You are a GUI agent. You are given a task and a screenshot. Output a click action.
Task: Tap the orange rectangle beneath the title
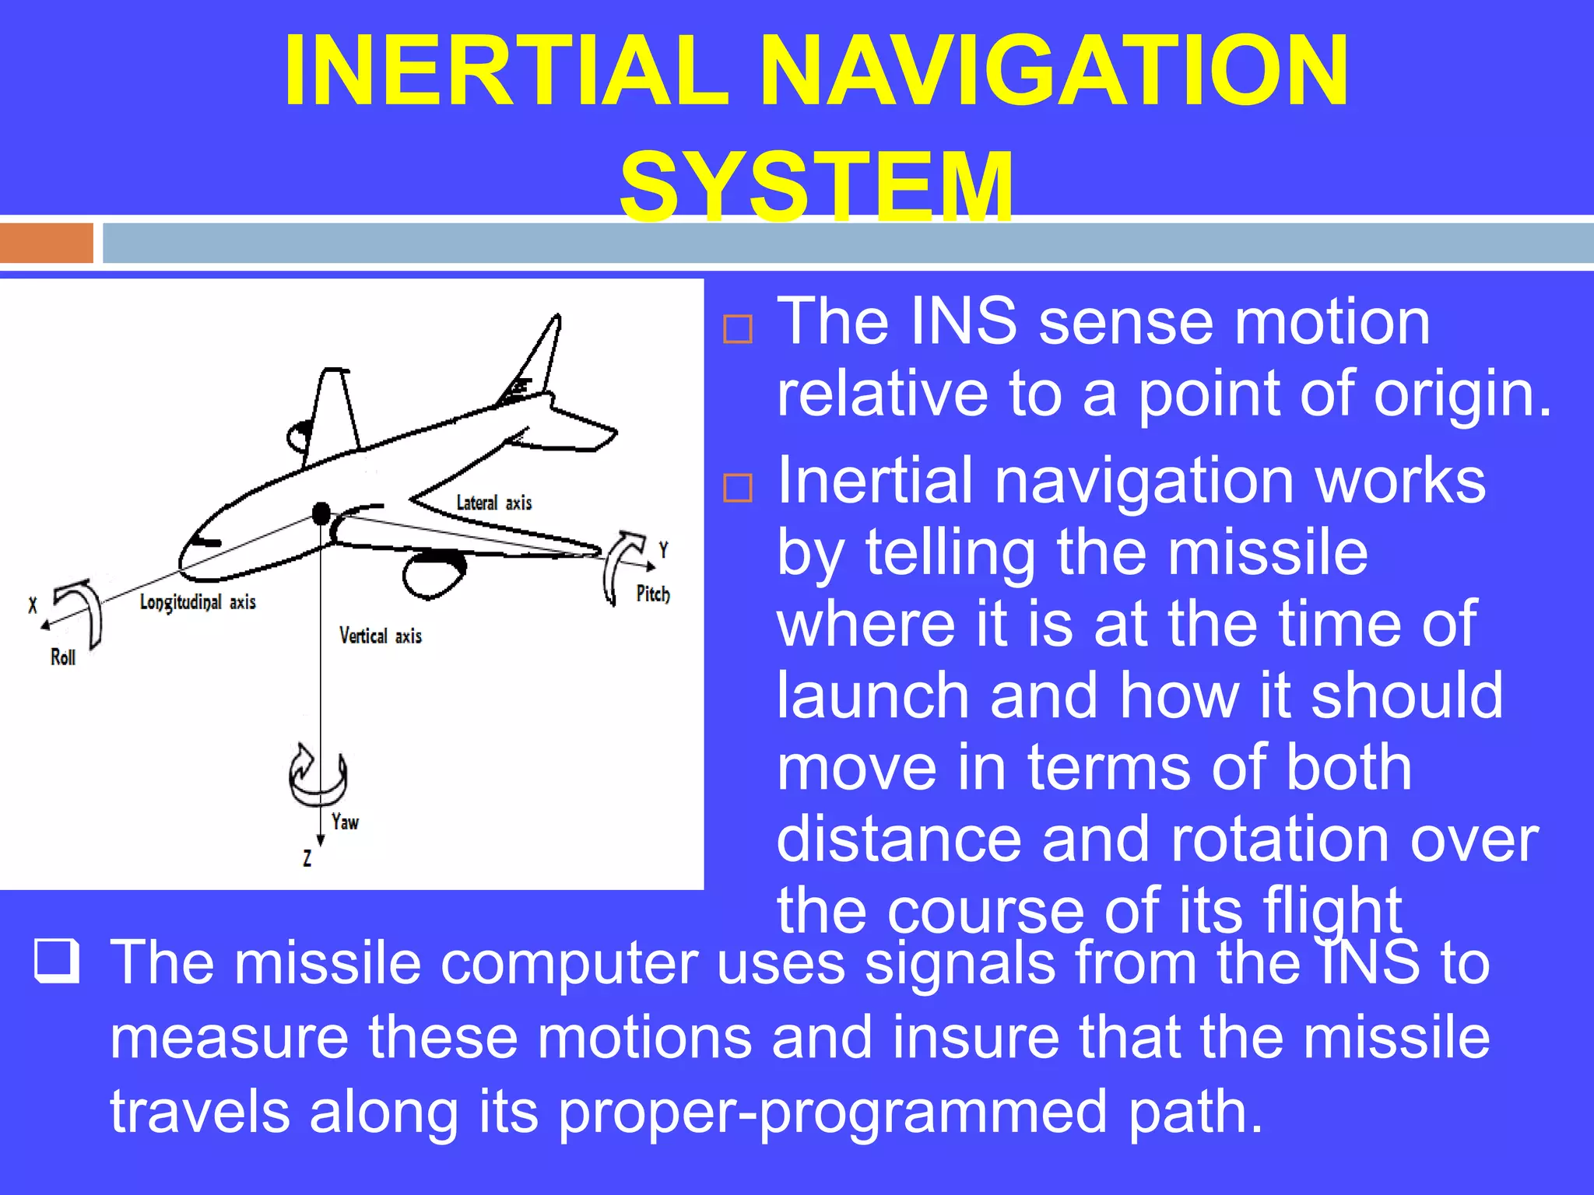click(47, 243)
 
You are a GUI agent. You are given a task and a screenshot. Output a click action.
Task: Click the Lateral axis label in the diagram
click(493, 503)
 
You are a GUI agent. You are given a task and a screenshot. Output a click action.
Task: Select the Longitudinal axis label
click(198, 602)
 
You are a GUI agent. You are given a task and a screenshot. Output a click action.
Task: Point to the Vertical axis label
click(380, 636)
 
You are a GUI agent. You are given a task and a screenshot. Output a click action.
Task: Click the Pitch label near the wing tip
click(652, 594)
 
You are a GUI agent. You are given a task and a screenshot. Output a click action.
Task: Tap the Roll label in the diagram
click(63, 657)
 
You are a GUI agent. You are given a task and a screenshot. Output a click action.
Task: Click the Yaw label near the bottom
click(345, 822)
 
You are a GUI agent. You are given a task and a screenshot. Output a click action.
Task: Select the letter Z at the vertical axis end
click(307, 858)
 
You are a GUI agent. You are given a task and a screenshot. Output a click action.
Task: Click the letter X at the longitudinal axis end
click(33, 605)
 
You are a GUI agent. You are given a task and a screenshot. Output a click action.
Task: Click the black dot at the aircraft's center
click(321, 513)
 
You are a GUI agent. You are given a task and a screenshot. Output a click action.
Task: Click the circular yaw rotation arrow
click(317, 778)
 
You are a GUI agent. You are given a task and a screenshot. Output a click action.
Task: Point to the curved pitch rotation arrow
click(622, 564)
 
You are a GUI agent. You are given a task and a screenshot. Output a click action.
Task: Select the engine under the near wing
click(433, 573)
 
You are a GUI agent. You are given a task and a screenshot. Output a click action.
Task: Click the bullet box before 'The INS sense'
click(737, 329)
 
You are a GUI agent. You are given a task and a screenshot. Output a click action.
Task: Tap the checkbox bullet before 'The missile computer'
click(57, 961)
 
